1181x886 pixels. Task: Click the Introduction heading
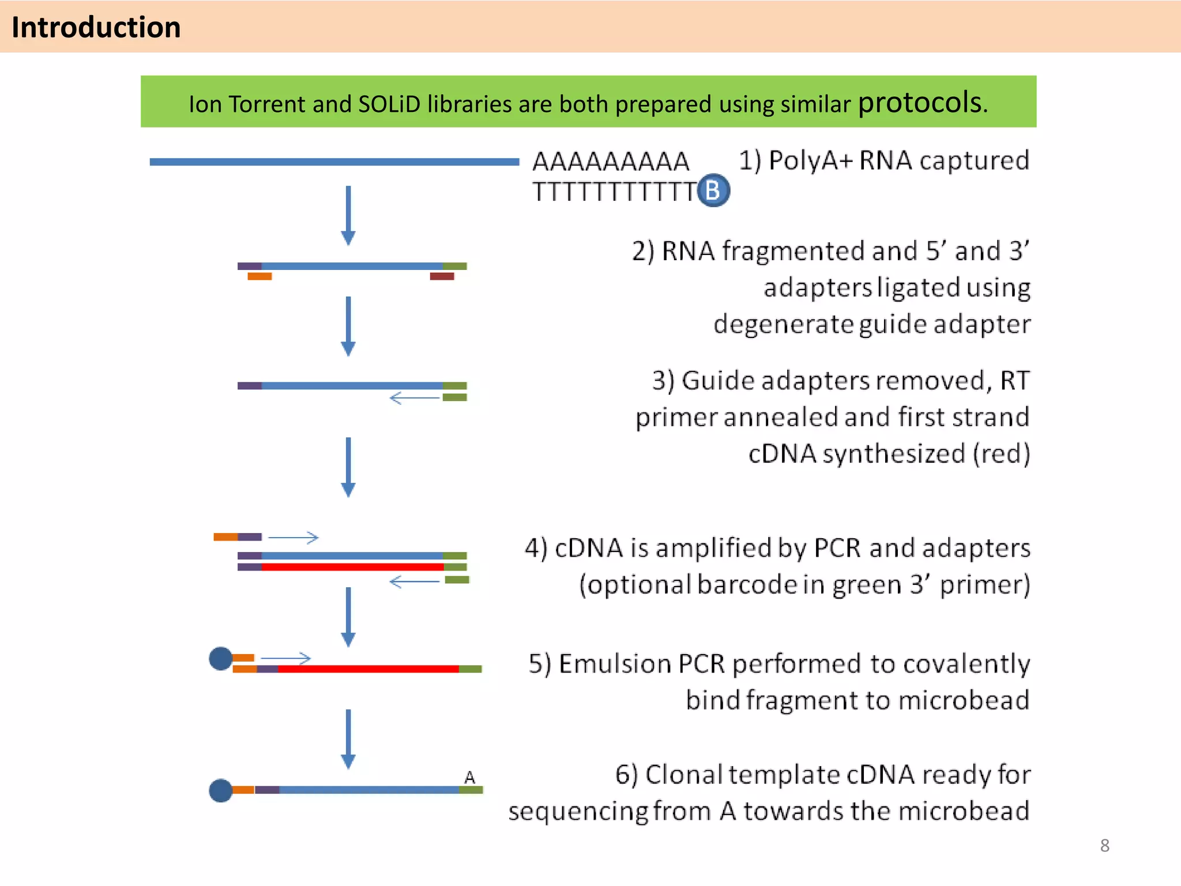[x=96, y=27]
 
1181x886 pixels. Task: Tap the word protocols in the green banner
[x=919, y=103]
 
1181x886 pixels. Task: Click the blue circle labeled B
[x=713, y=190]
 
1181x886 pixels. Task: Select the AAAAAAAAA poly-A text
[x=611, y=162]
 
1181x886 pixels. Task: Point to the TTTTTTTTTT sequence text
[x=615, y=192]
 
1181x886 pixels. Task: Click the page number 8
[x=1104, y=846]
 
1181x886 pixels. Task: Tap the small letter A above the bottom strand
[x=469, y=778]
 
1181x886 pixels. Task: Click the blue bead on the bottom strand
[x=220, y=790]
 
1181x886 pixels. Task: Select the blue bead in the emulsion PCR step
[x=220, y=659]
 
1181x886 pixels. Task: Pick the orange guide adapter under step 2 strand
[x=259, y=277]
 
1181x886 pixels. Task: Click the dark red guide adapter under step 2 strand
[x=442, y=277]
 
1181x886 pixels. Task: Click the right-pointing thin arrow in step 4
[x=293, y=538]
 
